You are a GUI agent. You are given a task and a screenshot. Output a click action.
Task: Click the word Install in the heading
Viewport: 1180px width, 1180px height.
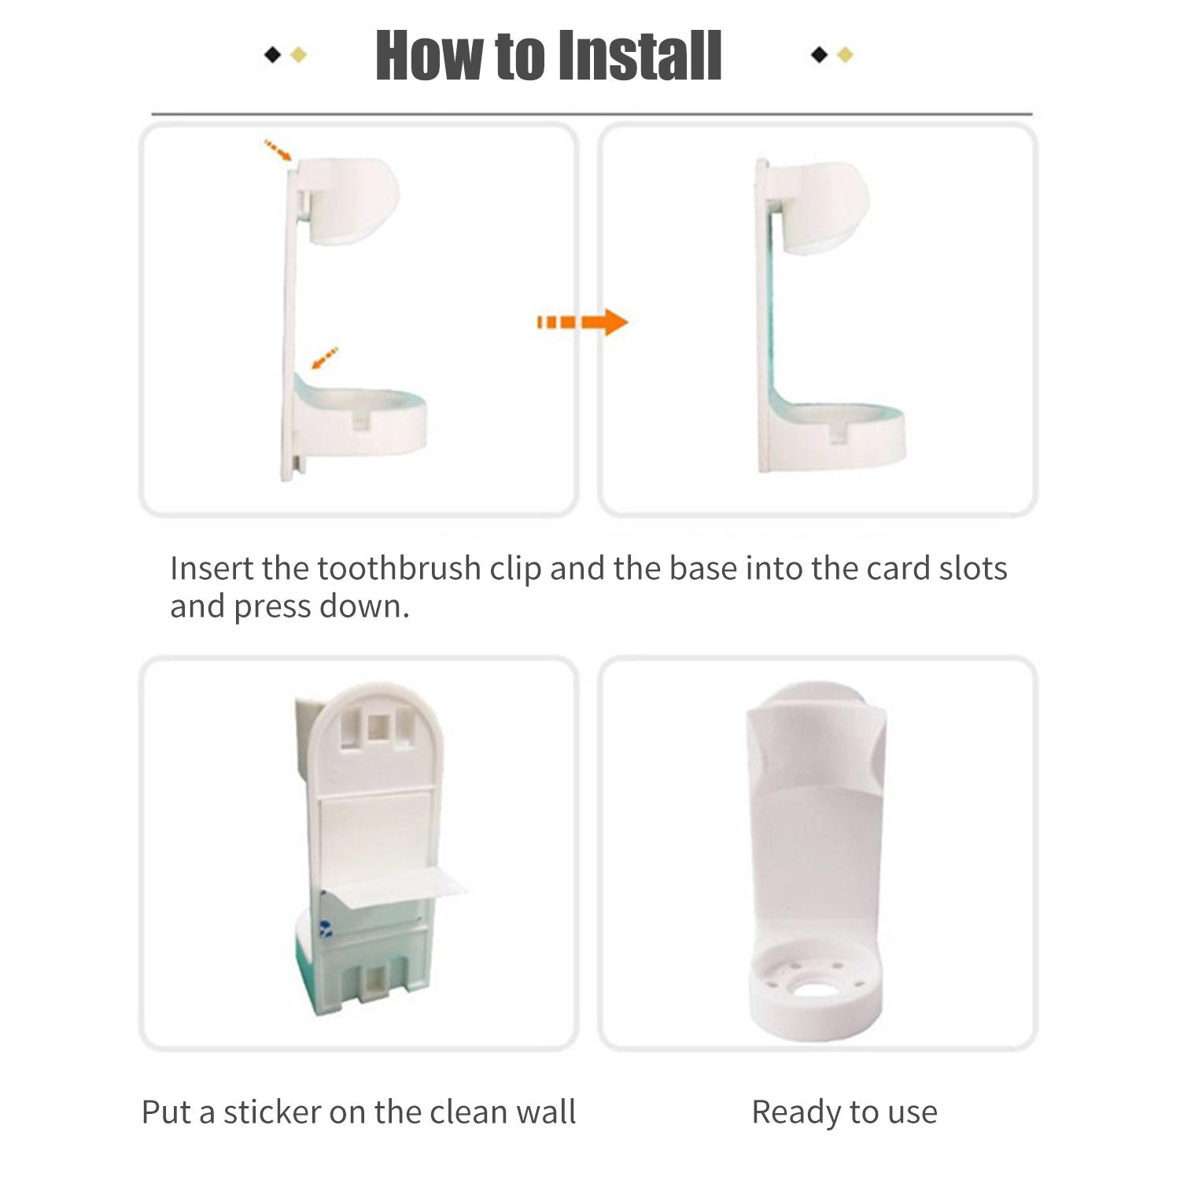pyautogui.click(x=636, y=55)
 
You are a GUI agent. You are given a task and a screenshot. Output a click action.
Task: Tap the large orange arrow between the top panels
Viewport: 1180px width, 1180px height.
pyautogui.click(x=582, y=322)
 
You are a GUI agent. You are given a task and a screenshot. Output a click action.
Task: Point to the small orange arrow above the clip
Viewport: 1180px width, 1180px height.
pyautogui.click(x=278, y=150)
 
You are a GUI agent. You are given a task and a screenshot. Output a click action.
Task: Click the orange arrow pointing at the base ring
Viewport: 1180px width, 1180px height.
pyautogui.click(x=325, y=358)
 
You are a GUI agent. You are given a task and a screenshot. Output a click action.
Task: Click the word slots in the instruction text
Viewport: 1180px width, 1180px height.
pyautogui.click(x=973, y=568)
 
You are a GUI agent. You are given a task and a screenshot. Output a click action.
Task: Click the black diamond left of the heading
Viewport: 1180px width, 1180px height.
pyautogui.click(x=272, y=55)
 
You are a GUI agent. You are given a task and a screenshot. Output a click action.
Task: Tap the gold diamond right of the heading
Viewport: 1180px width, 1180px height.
pyautogui.click(x=845, y=54)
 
